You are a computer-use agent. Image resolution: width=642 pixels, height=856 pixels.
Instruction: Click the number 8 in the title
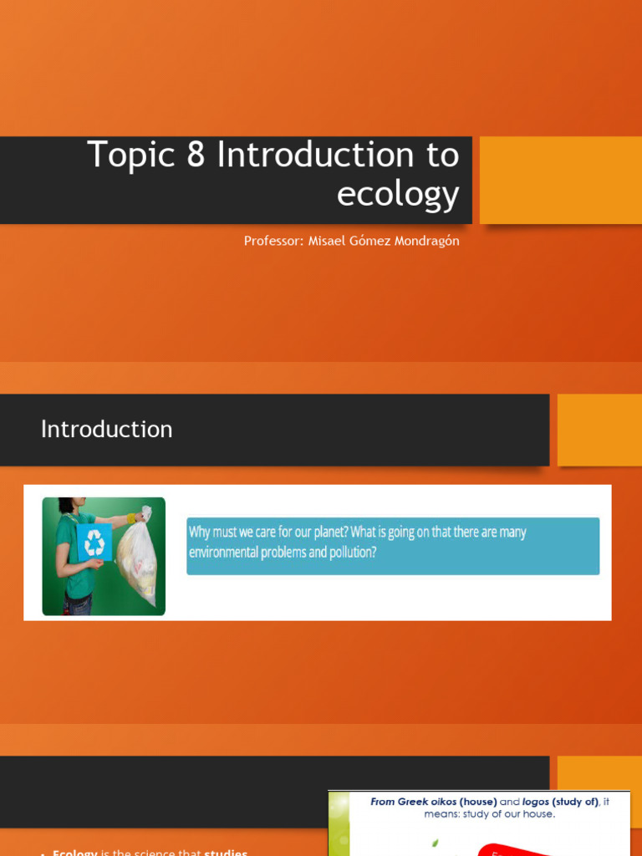click(196, 155)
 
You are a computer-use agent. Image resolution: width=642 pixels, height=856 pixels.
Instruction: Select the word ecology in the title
click(398, 194)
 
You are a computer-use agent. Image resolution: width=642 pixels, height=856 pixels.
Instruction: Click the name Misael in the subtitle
click(327, 241)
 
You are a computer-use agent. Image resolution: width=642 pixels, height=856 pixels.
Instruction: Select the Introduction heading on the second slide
click(107, 429)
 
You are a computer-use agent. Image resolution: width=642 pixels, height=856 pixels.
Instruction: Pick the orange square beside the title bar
click(560, 180)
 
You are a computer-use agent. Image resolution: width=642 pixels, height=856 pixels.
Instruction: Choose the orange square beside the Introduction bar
click(599, 430)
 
